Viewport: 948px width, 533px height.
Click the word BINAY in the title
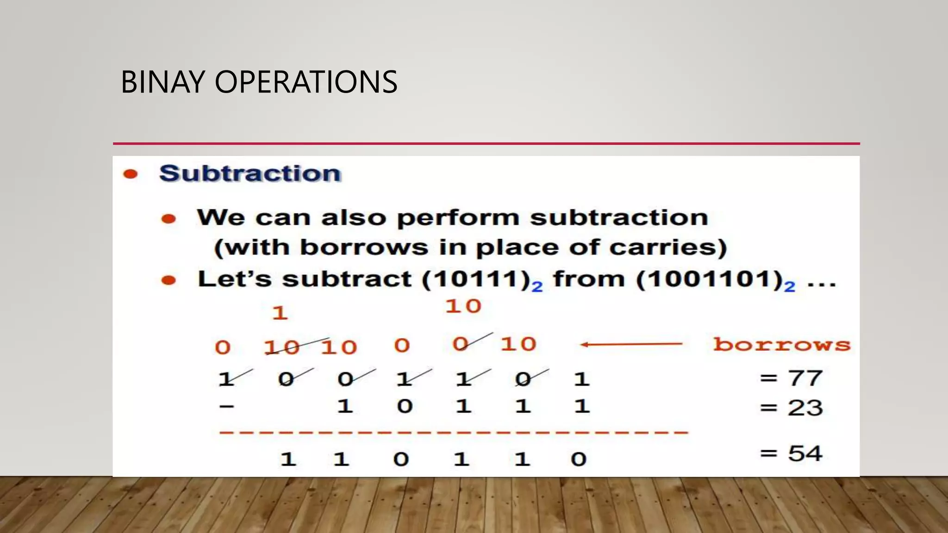pos(162,82)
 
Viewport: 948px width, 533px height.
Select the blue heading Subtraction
pos(250,174)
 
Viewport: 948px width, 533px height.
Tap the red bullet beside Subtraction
pos(131,174)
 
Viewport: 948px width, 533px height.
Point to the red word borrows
pos(781,345)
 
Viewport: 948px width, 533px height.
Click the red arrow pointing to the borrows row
pos(631,344)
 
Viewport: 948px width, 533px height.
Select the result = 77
pos(791,378)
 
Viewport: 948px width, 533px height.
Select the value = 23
pos(791,408)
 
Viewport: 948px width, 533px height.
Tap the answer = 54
pos(791,453)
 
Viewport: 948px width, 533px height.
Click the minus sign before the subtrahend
pos(227,407)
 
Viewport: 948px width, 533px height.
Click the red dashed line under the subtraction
pos(454,433)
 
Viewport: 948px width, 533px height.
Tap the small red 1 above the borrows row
pos(280,313)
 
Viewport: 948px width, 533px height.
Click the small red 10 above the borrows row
pos(463,306)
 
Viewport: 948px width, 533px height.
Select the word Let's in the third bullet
pos(234,279)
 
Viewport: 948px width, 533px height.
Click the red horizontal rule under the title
pos(486,143)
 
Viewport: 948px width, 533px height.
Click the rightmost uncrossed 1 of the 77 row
pos(581,379)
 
